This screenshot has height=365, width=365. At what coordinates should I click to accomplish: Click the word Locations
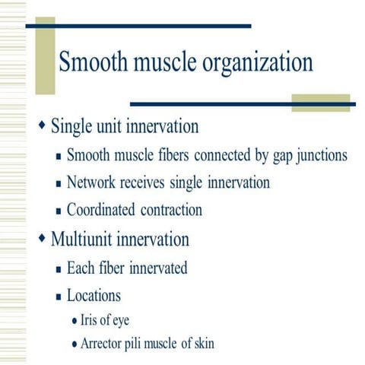click(x=94, y=294)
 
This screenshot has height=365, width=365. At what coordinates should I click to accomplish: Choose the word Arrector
click(x=105, y=344)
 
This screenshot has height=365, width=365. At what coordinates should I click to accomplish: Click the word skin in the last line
click(x=201, y=344)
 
